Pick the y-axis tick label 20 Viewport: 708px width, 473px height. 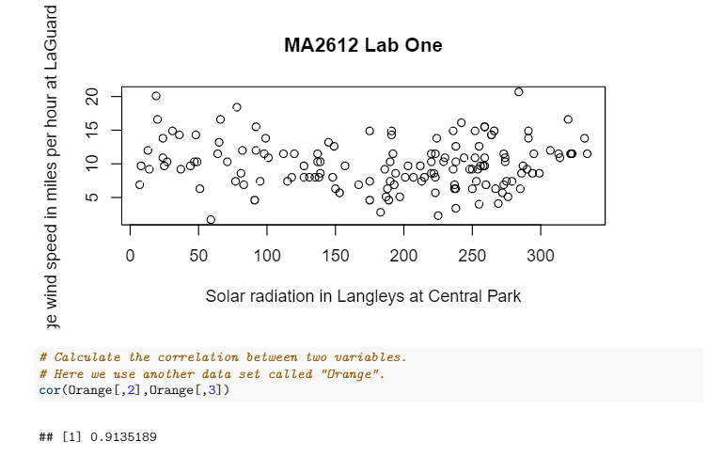point(92,97)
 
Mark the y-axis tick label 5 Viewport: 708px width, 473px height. point(92,197)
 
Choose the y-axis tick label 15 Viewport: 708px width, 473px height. point(92,131)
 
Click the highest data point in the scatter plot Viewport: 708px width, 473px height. point(518,91)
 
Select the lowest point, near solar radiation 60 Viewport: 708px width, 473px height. point(211,219)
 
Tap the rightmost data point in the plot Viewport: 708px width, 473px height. point(587,153)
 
